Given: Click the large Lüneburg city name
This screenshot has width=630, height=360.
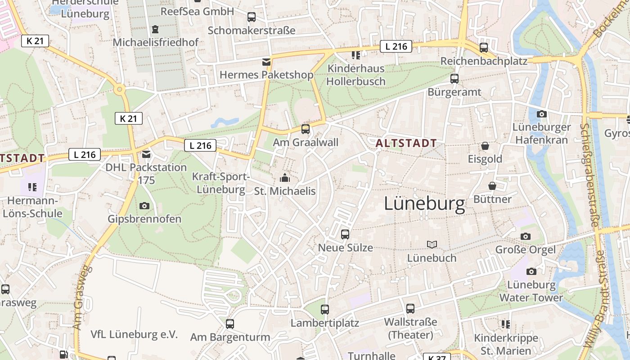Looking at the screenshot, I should [x=424, y=204].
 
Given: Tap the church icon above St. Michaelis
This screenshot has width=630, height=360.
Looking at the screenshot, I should [x=285, y=178].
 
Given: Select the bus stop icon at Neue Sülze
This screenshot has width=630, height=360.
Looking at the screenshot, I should [x=345, y=234].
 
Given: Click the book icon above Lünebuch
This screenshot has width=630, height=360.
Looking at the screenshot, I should [x=432, y=244].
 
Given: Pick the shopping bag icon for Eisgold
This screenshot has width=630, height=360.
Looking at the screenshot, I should [x=485, y=146].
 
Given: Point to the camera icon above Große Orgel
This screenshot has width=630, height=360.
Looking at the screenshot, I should [x=525, y=236].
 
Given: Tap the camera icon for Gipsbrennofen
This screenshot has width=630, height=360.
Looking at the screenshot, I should [x=144, y=206].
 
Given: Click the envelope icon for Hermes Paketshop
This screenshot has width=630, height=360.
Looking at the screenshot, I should [x=266, y=62].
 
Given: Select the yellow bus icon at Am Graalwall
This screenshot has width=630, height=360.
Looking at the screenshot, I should [x=306, y=129].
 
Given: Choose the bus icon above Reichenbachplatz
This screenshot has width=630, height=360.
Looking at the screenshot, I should [x=484, y=48].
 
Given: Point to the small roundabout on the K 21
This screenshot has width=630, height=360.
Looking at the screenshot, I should [x=119, y=90].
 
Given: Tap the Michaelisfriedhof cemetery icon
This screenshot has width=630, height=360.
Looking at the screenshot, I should [x=155, y=29].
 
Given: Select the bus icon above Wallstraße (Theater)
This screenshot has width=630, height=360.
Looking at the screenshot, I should [x=410, y=309].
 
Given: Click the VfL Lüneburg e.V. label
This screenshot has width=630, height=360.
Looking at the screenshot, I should [x=134, y=334].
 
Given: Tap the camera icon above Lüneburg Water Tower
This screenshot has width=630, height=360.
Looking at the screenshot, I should [x=531, y=271].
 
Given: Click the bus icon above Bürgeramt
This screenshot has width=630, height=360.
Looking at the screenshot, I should [x=454, y=79].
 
